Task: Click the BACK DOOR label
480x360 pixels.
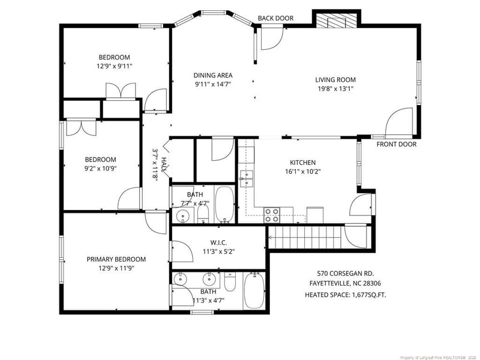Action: [275, 18]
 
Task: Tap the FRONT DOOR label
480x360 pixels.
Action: [396, 144]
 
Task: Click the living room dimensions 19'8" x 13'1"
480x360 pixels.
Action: [335, 89]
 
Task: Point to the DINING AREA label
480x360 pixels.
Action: [213, 75]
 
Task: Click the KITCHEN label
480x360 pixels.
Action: [302, 163]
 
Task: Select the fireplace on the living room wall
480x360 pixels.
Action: [335, 22]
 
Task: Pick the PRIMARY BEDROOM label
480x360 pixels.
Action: [116, 259]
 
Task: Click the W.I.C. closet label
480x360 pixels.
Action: [218, 242]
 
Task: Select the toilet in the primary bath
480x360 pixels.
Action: [230, 281]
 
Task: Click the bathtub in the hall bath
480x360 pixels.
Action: [224, 204]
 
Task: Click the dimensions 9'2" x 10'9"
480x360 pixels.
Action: [100, 169]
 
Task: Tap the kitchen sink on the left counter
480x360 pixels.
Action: [245, 178]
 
